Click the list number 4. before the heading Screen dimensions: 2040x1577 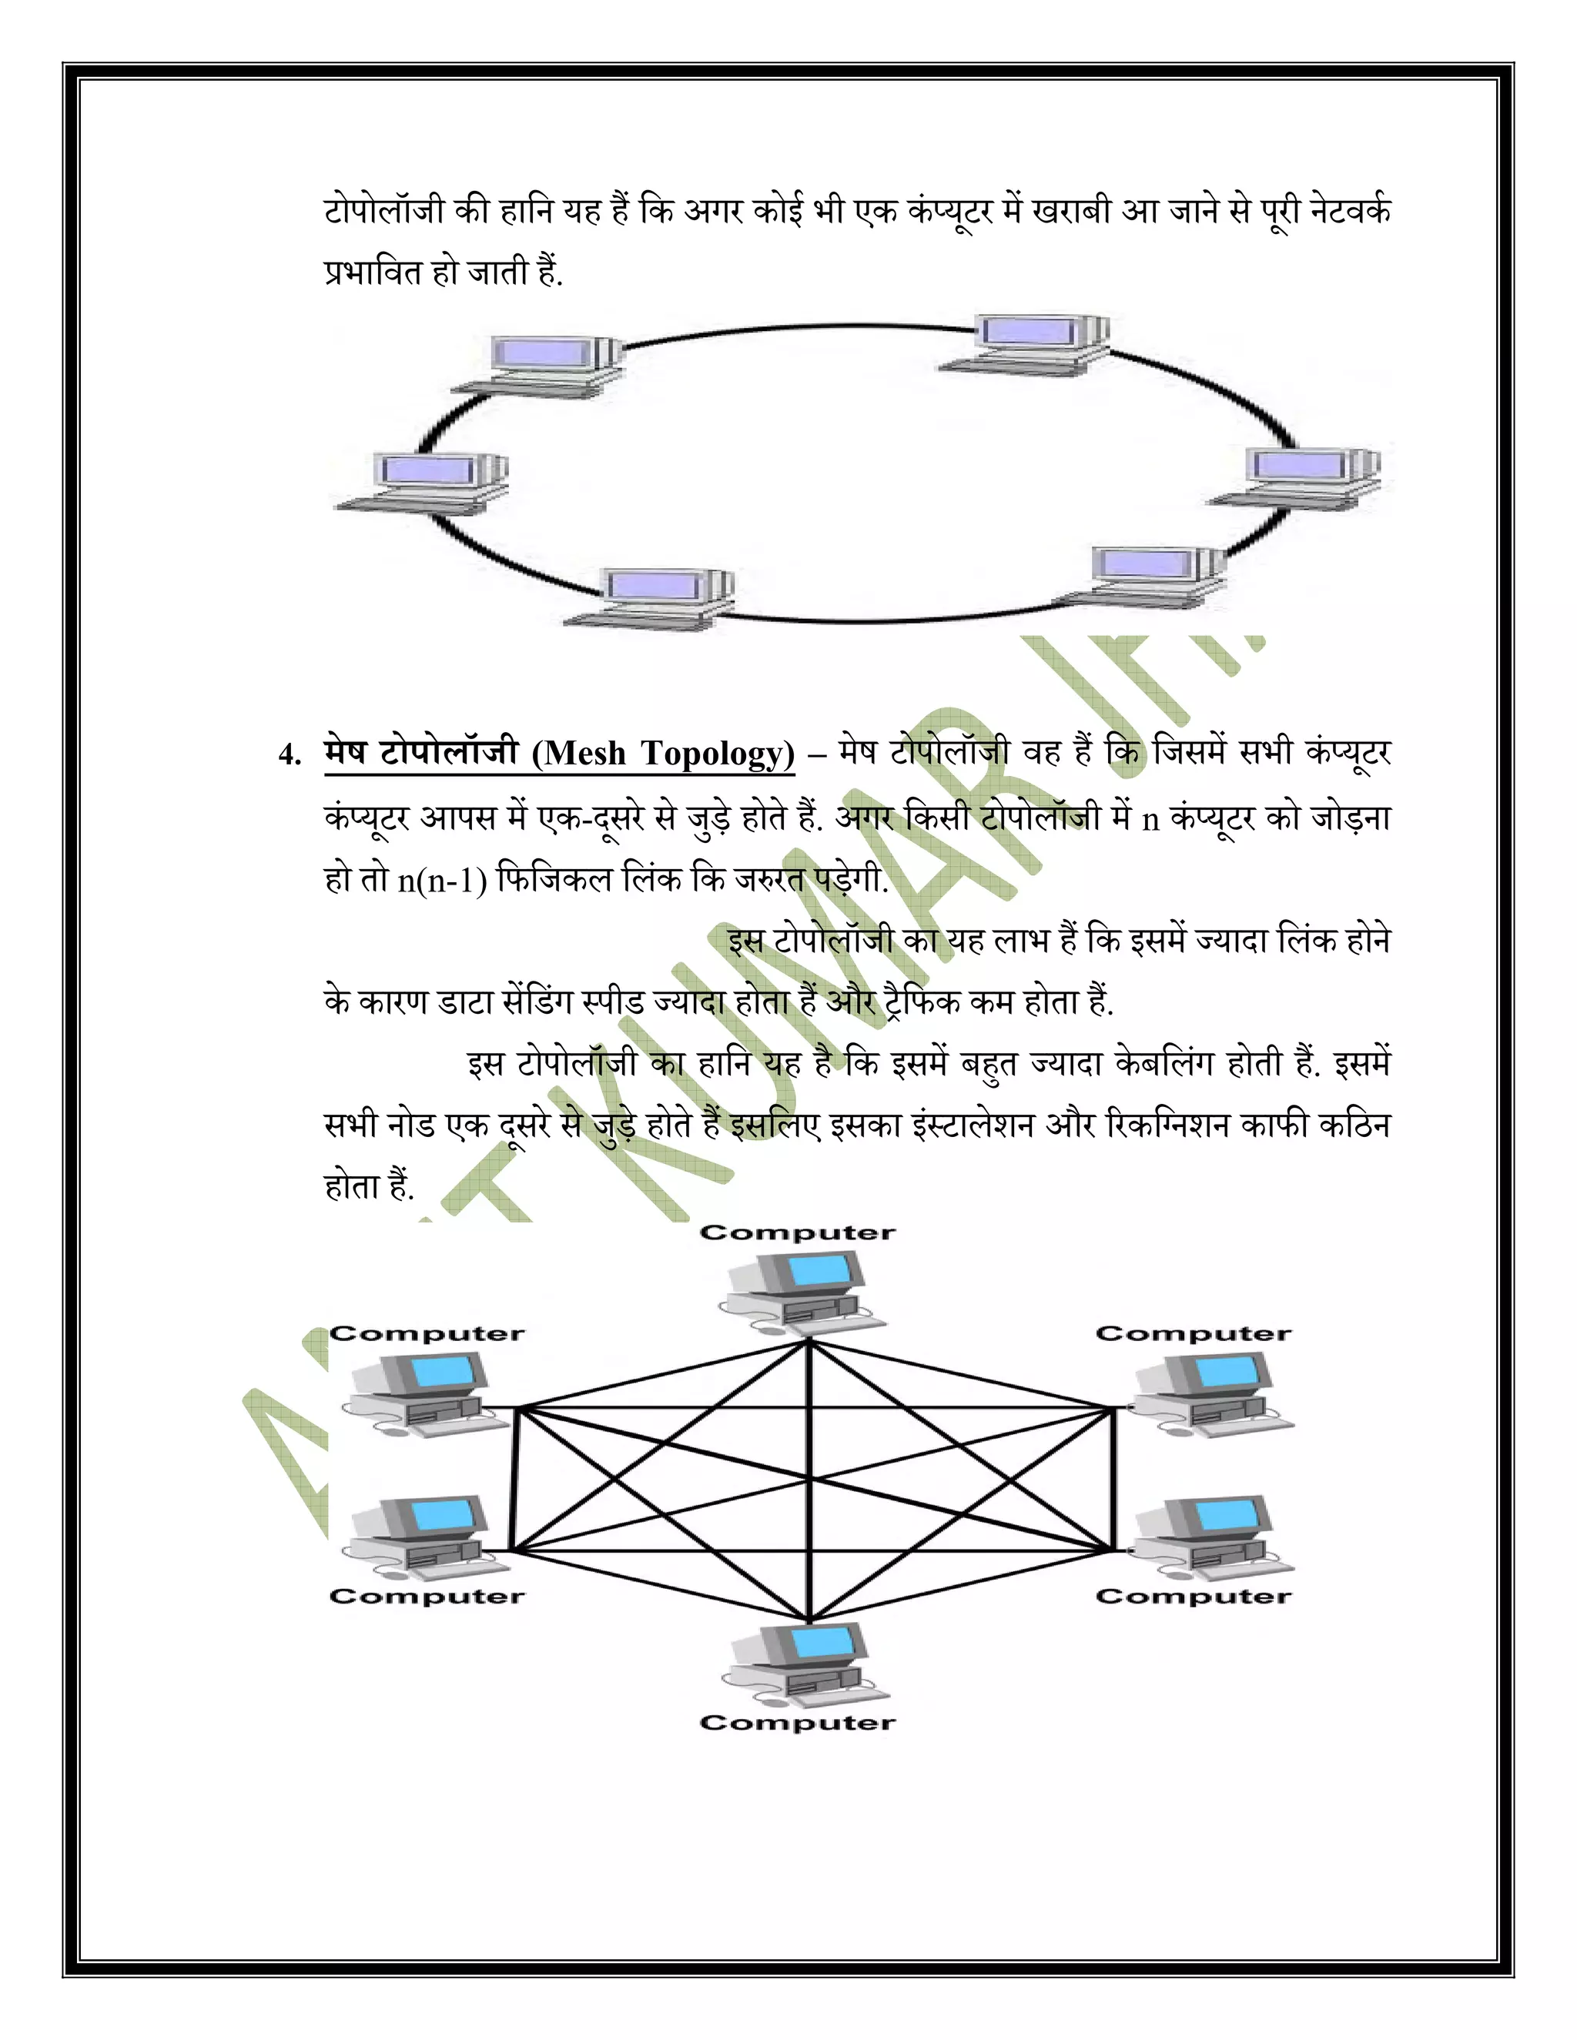[290, 754]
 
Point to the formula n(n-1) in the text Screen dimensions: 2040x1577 [443, 880]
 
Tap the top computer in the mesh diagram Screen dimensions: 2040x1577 [802, 1292]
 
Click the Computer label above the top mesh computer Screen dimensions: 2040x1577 [797, 1233]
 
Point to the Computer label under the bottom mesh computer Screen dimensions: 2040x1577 [797, 1722]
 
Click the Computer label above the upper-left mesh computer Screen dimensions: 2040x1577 [427, 1334]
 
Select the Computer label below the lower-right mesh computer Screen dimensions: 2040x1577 [1193, 1597]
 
